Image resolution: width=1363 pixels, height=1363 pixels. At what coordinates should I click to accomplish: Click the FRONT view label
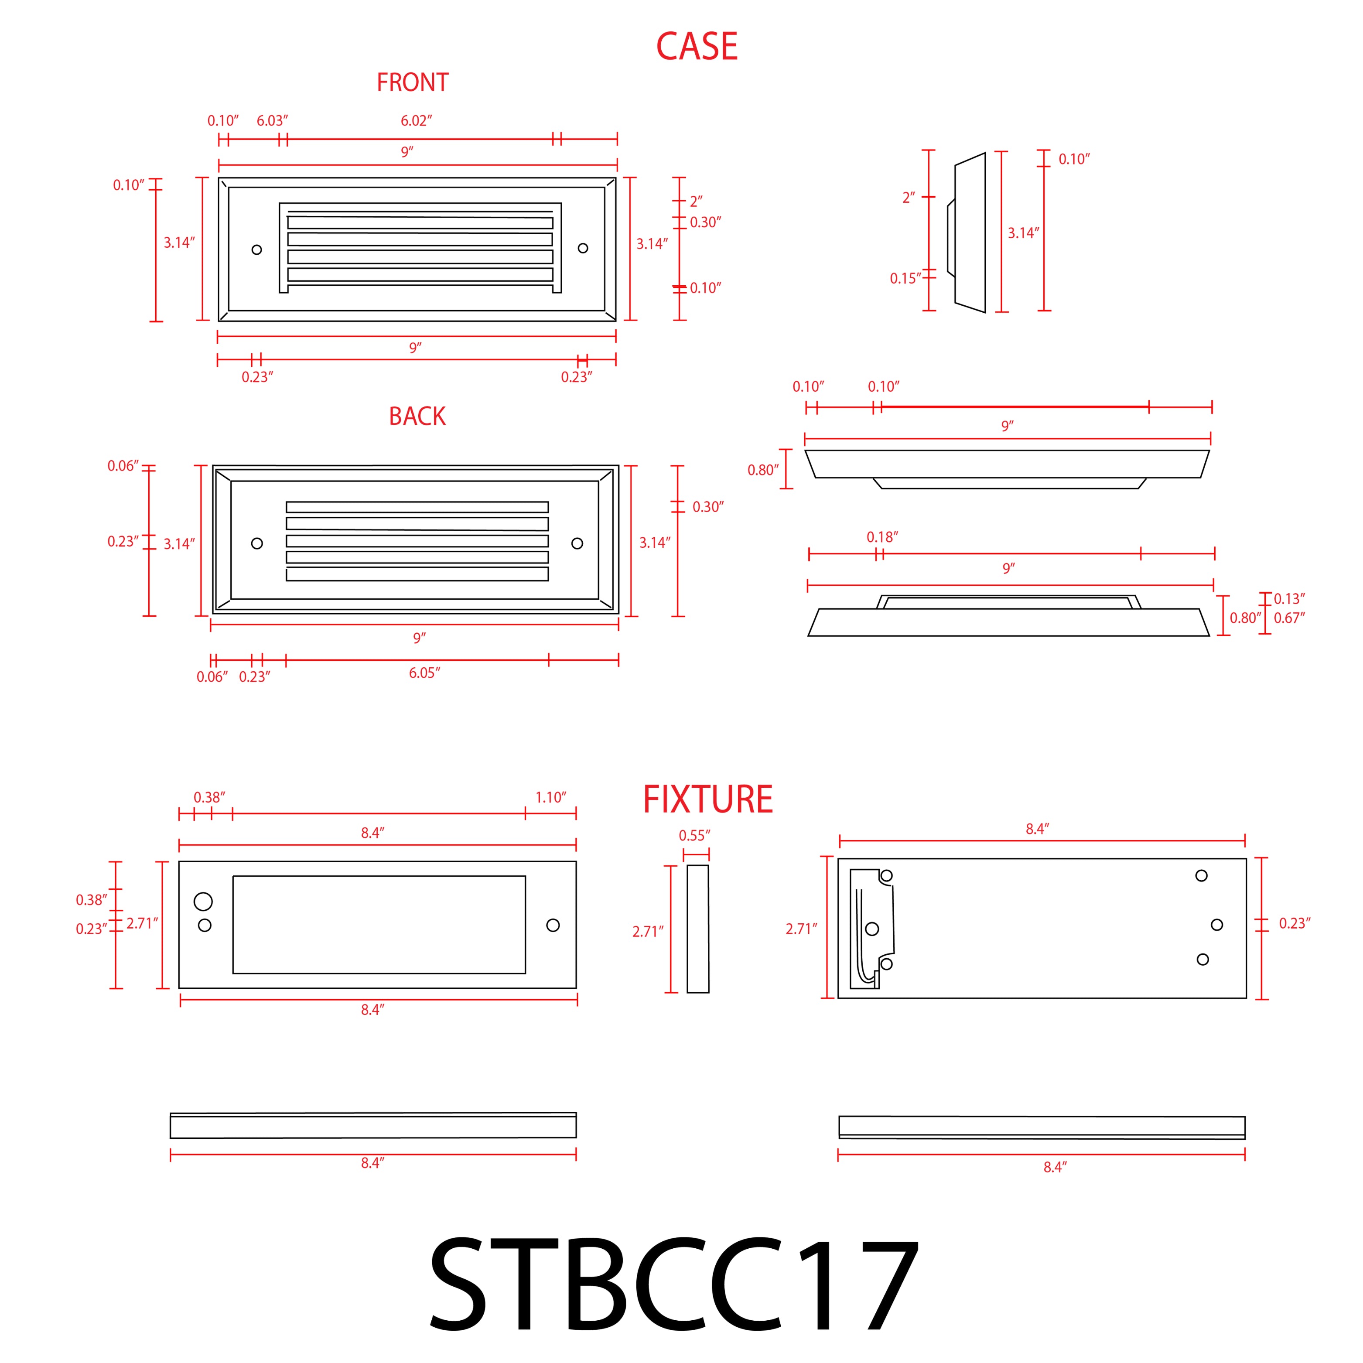tap(412, 82)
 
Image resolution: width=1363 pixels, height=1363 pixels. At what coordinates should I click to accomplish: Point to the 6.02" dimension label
tap(416, 121)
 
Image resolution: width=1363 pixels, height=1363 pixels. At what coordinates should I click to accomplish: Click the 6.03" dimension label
tap(272, 121)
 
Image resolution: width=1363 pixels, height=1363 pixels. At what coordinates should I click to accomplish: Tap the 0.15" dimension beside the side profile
tap(905, 279)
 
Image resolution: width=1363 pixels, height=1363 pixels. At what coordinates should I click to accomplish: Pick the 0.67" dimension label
tap(1289, 618)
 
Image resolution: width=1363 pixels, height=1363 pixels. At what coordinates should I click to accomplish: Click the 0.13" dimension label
tap(1289, 599)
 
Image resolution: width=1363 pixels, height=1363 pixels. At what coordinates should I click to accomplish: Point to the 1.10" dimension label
tap(550, 797)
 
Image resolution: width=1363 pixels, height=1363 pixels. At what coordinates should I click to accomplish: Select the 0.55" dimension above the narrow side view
tap(694, 835)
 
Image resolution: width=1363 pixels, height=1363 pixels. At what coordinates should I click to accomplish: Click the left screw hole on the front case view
tap(257, 250)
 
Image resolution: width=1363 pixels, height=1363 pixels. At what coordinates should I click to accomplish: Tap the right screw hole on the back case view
tap(577, 543)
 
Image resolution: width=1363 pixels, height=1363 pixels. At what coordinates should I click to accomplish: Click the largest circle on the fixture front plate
tap(203, 901)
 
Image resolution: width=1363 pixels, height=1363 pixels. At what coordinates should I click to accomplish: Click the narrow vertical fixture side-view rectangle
tap(698, 929)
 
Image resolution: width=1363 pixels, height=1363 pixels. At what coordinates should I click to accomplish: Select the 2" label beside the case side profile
tap(908, 198)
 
